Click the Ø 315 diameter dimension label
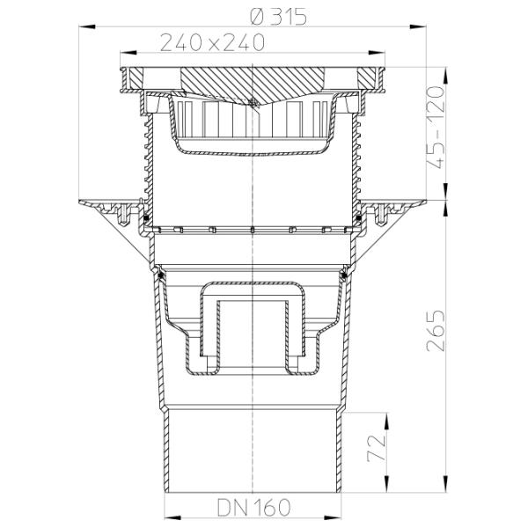[278, 16]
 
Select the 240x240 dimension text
[212, 42]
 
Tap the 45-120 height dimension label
[436, 128]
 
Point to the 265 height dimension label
[436, 331]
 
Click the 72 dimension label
[376, 448]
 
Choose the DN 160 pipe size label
[253, 507]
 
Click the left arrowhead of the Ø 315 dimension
[86, 26]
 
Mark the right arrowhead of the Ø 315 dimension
[419, 26]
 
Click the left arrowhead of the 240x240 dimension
[128, 53]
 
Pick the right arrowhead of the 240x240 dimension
[377, 53]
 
